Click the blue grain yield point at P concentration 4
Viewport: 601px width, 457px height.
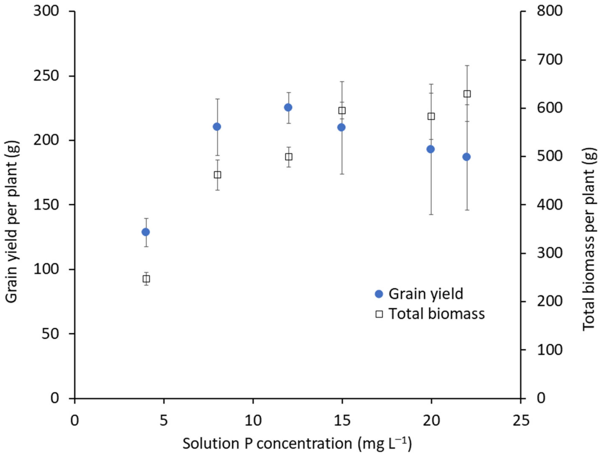coord(146,232)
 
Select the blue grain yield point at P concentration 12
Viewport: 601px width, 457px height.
coord(288,107)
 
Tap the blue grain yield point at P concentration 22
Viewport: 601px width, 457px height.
coord(467,157)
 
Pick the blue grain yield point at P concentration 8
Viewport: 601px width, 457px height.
coord(217,127)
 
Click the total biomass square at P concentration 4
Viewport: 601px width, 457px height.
coord(146,279)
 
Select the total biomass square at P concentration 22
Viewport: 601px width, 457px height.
coord(467,94)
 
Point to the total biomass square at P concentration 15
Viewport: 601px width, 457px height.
coord(342,110)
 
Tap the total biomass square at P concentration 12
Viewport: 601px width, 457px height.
coord(289,157)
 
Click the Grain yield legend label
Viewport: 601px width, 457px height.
coord(426,294)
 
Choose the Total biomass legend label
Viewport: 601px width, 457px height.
coord(437,314)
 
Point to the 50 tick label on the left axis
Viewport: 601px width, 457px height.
coord(50,334)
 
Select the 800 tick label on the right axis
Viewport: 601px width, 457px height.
coord(549,11)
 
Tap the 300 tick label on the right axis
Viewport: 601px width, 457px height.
coord(549,253)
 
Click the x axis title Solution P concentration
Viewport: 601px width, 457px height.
coord(297,444)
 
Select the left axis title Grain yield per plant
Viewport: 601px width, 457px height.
coord(12,222)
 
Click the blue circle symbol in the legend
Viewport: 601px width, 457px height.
coord(379,294)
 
